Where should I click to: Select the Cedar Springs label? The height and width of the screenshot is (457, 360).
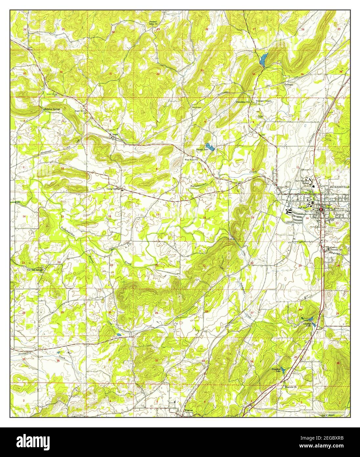click(x=114, y=189)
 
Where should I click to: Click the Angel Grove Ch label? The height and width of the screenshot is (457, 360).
click(x=80, y=112)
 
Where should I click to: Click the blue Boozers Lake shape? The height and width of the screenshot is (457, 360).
click(x=210, y=147)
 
